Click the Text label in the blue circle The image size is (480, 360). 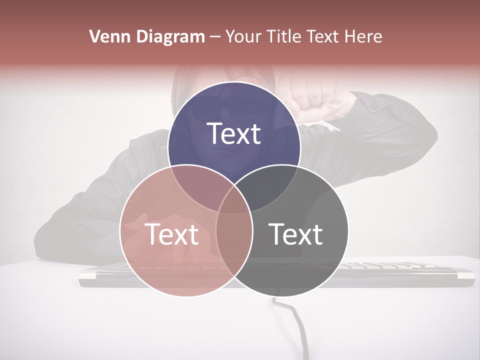[x=234, y=133]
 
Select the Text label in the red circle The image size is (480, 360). [x=171, y=234]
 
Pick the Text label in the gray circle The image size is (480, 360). [x=295, y=234]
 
